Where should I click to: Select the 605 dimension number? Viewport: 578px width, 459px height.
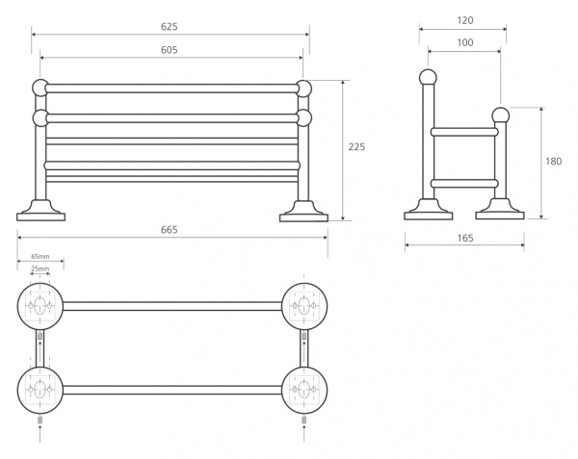pyautogui.click(x=169, y=50)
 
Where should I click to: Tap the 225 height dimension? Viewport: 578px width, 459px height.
pyautogui.click(x=356, y=147)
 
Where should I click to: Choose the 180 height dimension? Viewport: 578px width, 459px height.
pyautogui.click(x=553, y=162)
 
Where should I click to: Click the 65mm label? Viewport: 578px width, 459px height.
pyautogui.click(x=40, y=258)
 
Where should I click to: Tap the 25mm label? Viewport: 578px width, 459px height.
pyautogui.click(x=40, y=270)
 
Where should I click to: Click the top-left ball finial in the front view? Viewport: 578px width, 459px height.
pyautogui.click(x=41, y=88)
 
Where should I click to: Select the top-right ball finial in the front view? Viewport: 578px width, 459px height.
pyautogui.click(x=304, y=89)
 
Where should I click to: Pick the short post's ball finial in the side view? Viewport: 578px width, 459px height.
pyautogui.click(x=500, y=116)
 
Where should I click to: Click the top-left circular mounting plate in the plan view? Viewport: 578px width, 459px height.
pyautogui.click(x=39, y=306)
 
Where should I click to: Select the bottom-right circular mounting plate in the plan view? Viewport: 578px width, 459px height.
pyautogui.click(x=303, y=390)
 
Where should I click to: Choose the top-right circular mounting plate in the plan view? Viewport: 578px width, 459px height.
pyautogui.click(x=303, y=306)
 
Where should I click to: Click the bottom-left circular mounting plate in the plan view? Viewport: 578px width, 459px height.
pyautogui.click(x=39, y=390)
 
